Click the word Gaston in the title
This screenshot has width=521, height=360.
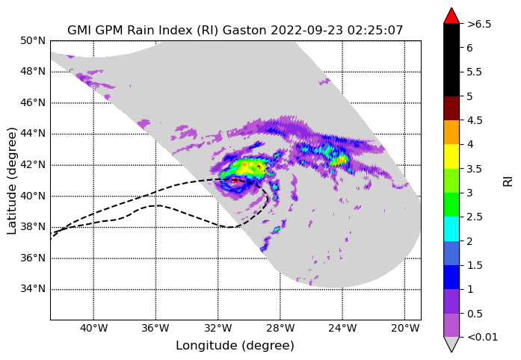(x=244, y=30)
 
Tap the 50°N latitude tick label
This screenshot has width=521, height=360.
(x=33, y=41)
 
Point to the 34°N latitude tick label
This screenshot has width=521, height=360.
(x=33, y=289)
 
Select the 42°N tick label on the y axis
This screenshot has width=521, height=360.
(x=33, y=165)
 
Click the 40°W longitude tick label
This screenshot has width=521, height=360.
(x=93, y=329)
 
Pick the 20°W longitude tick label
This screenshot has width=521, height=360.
(x=404, y=329)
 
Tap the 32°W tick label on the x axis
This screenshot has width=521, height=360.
(x=218, y=329)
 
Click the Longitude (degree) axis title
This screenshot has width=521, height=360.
(x=235, y=346)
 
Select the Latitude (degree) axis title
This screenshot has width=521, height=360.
(x=12, y=181)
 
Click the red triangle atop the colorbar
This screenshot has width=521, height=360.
(x=451, y=16)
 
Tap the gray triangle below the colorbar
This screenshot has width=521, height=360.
(x=451, y=344)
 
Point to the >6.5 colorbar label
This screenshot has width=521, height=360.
(x=479, y=24)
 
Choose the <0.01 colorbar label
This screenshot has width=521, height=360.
(x=482, y=338)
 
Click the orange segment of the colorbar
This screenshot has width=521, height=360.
(x=451, y=132)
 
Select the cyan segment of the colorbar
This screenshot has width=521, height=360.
(x=451, y=229)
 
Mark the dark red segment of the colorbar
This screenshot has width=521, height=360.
(x=451, y=108)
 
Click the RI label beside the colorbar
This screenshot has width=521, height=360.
(x=508, y=181)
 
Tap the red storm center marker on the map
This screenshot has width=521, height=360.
(x=235, y=181)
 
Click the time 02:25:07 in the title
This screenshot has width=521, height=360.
(x=375, y=30)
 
